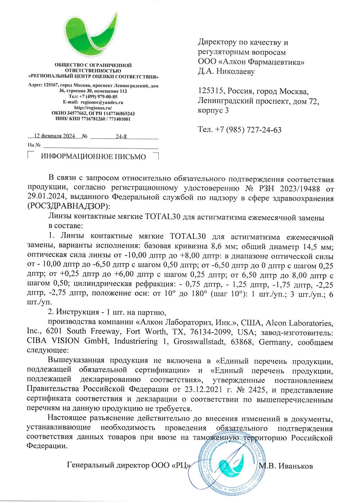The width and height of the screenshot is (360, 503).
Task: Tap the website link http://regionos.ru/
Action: (x=93, y=108)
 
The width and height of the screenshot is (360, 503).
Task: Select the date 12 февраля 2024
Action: (x=54, y=136)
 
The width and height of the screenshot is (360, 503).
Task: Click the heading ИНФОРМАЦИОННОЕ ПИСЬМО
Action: (x=93, y=157)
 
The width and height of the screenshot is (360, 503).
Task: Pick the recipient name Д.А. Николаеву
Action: (x=226, y=71)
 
